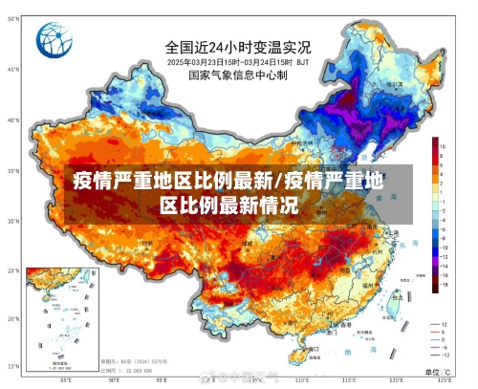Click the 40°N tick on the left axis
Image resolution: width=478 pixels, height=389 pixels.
coord(12,120)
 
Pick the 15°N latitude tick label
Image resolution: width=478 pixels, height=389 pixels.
coord(12,367)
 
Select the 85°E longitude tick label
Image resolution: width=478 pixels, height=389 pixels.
coord(65,380)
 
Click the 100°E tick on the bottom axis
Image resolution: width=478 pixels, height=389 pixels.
coord(207,380)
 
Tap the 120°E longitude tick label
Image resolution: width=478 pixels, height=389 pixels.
coord(397,380)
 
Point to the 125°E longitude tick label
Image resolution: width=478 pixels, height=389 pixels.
coord(445,380)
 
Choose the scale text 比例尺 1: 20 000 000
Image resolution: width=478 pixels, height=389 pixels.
coord(135,369)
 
